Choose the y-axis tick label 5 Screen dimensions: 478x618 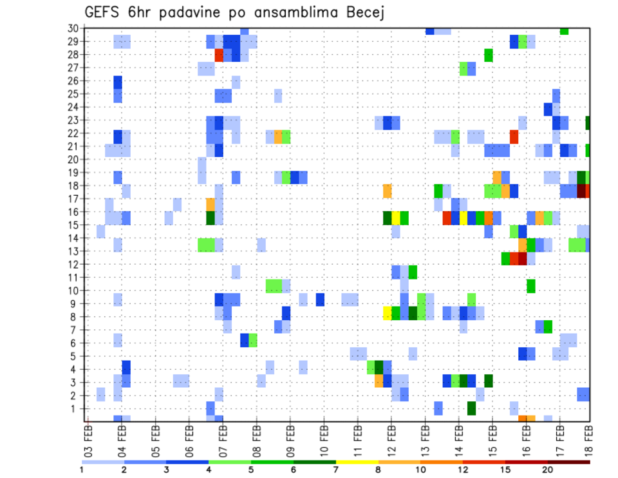[x=74, y=356]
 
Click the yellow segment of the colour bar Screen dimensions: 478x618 [x=357, y=461]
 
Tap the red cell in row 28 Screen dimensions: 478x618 [x=219, y=55]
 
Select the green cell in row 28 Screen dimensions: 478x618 [x=489, y=55]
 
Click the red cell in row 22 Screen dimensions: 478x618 [x=514, y=137]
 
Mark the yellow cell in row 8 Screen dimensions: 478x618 [x=388, y=313]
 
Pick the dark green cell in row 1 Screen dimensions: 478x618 [x=471, y=408]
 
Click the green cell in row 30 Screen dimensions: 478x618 [x=564, y=31]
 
